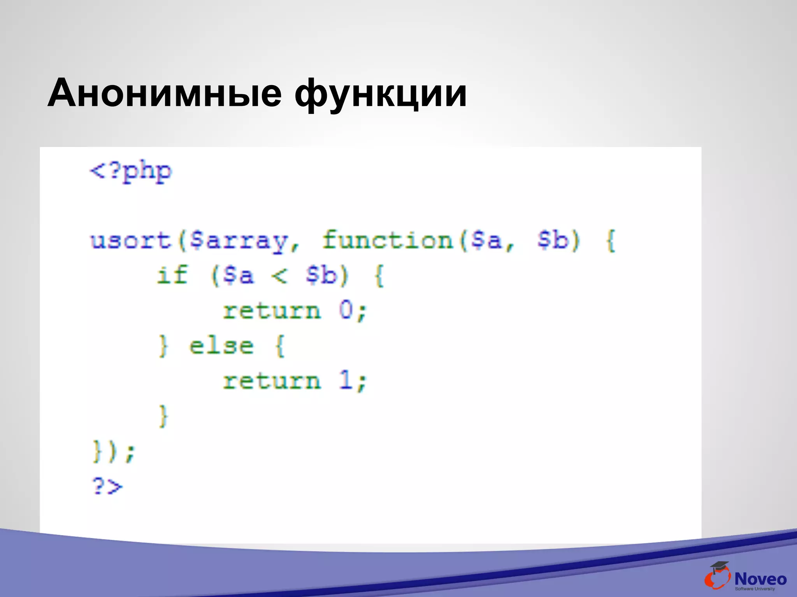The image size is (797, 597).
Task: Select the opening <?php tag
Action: pos(131,171)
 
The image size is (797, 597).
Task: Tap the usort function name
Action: pos(131,240)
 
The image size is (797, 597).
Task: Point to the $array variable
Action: pos(238,241)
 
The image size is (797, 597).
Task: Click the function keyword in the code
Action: pos(388,240)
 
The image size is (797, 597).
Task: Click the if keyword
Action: pos(172,275)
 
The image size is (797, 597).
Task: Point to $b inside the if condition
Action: pos(321,276)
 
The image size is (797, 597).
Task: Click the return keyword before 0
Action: pos(272,311)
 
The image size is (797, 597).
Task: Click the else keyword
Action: pos(221,346)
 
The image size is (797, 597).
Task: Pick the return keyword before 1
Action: pos(272,381)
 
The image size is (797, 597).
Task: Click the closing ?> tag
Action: pos(107,486)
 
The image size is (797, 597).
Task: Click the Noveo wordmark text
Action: pos(760,579)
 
